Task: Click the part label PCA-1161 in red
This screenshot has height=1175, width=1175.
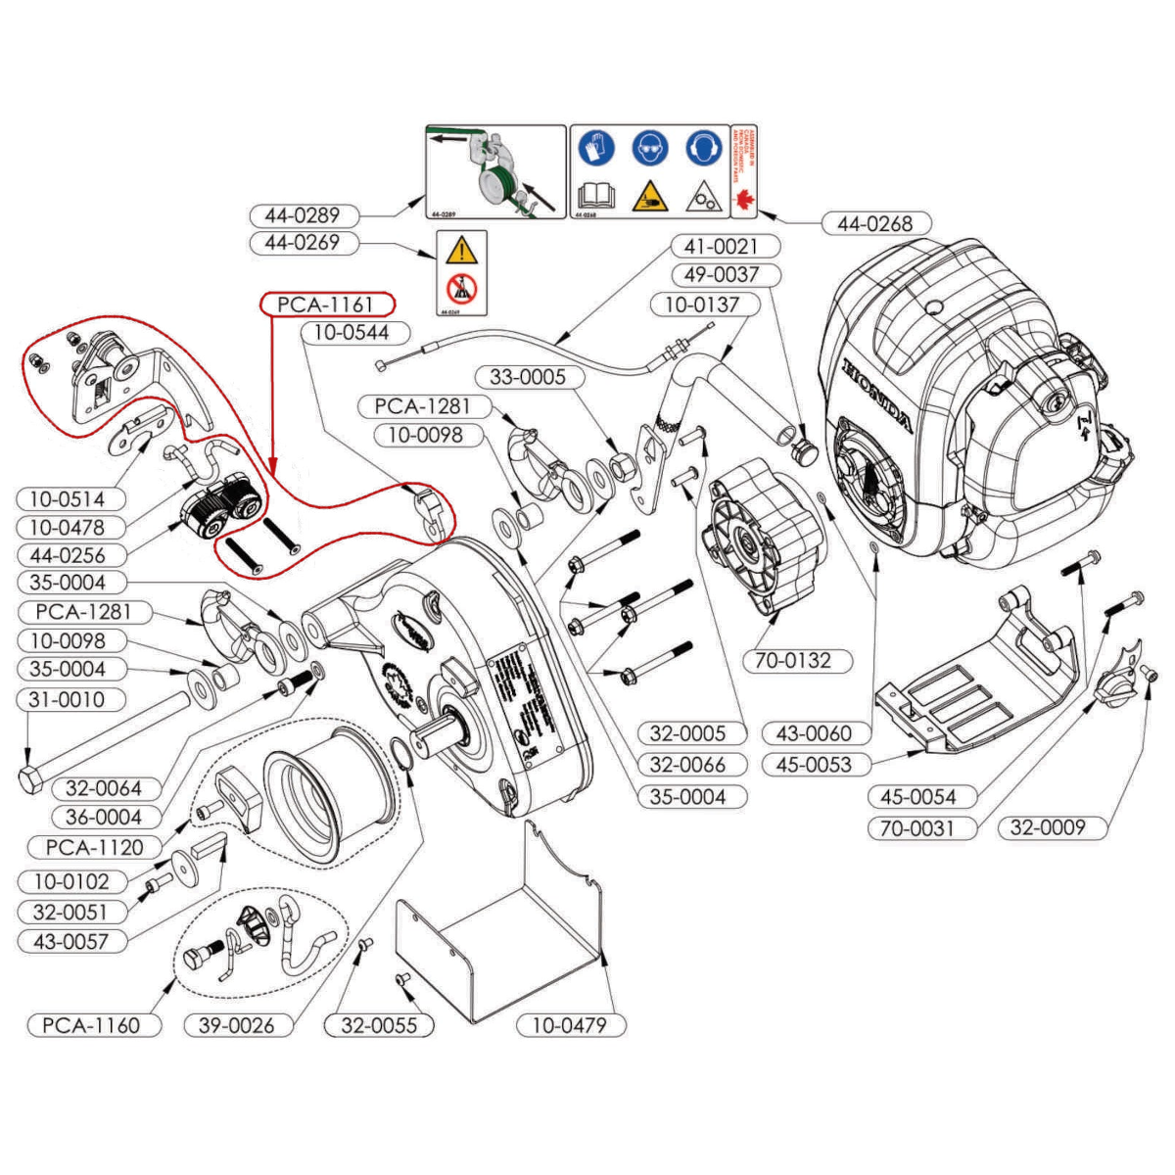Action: tap(326, 305)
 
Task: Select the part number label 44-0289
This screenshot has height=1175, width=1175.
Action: tap(302, 214)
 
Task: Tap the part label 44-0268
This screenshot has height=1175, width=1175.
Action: tap(873, 223)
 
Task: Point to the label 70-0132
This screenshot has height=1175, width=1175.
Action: tap(792, 660)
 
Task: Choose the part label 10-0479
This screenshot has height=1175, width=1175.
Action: tap(569, 1025)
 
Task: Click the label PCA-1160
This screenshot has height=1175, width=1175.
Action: tap(91, 1025)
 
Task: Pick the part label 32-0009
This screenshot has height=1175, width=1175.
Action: tap(1048, 827)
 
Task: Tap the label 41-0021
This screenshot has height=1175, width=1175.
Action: tap(721, 247)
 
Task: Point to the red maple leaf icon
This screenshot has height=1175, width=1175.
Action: tap(745, 197)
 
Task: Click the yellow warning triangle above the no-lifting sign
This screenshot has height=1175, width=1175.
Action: tap(460, 252)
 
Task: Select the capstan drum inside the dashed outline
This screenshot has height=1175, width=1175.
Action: tap(328, 793)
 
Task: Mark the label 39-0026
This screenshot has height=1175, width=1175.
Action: tap(238, 1025)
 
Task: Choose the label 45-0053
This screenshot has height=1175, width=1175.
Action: tap(813, 765)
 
